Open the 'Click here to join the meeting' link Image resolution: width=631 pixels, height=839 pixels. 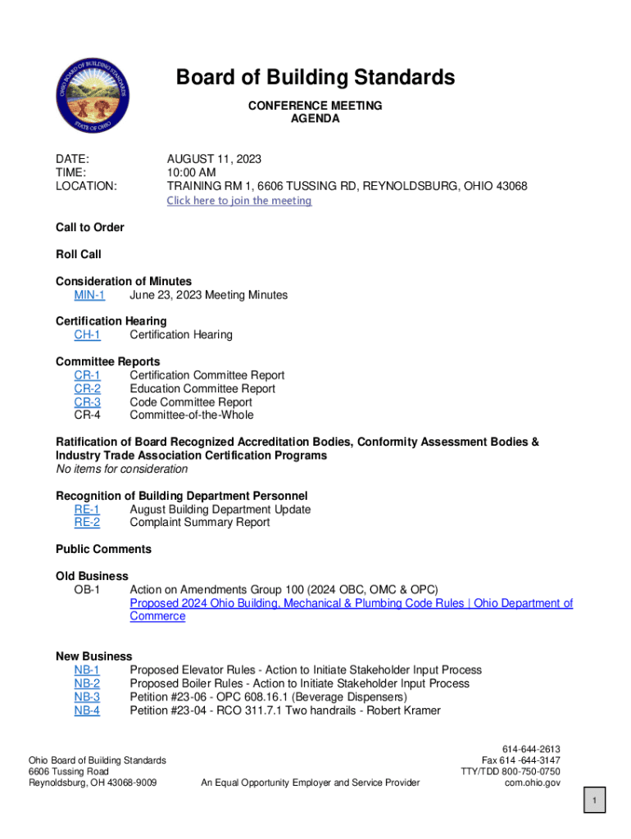239,201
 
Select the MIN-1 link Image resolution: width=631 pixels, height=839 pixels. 89,295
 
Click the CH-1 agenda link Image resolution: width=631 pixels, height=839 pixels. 88,335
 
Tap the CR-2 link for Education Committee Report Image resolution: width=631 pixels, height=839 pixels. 88,389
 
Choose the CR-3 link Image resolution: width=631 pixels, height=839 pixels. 88,402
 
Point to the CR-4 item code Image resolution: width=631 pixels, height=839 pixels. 88,415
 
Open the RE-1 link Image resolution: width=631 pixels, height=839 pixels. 87,510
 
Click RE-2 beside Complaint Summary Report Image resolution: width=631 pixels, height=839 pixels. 87,523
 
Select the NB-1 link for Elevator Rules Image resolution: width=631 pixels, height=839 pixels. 87,670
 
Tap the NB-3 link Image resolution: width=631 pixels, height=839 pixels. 87,697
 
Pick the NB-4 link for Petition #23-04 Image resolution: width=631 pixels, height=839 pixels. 87,710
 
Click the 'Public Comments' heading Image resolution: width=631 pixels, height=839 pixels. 103,549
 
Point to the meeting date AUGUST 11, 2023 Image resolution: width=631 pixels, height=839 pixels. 215,159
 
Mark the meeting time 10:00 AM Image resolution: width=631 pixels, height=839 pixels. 192,173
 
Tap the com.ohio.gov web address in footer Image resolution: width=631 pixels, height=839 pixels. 534,782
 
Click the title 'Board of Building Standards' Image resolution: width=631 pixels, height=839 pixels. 315,78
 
